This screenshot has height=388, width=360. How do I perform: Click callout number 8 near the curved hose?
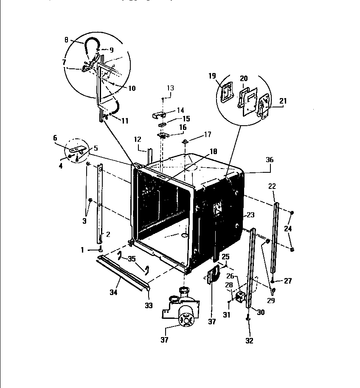click(x=67, y=40)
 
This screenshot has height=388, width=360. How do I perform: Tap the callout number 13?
click(x=170, y=88)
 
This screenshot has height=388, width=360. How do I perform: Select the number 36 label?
click(x=270, y=160)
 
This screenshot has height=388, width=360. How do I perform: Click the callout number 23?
click(x=250, y=215)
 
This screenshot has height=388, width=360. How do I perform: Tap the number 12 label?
click(x=137, y=139)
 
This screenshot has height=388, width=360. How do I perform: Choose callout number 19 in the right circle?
click(x=212, y=76)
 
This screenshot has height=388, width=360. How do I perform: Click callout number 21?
click(x=283, y=101)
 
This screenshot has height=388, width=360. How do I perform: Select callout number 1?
click(x=83, y=250)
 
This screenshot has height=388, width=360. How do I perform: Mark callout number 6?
click(x=55, y=138)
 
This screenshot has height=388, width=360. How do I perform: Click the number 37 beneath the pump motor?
click(x=164, y=340)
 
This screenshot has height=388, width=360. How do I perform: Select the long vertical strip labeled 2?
click(x=101, y=204)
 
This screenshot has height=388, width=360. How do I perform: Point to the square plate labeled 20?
click(x=247, y=99)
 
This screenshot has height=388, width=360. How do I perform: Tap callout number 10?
click(x=132, y=88)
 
